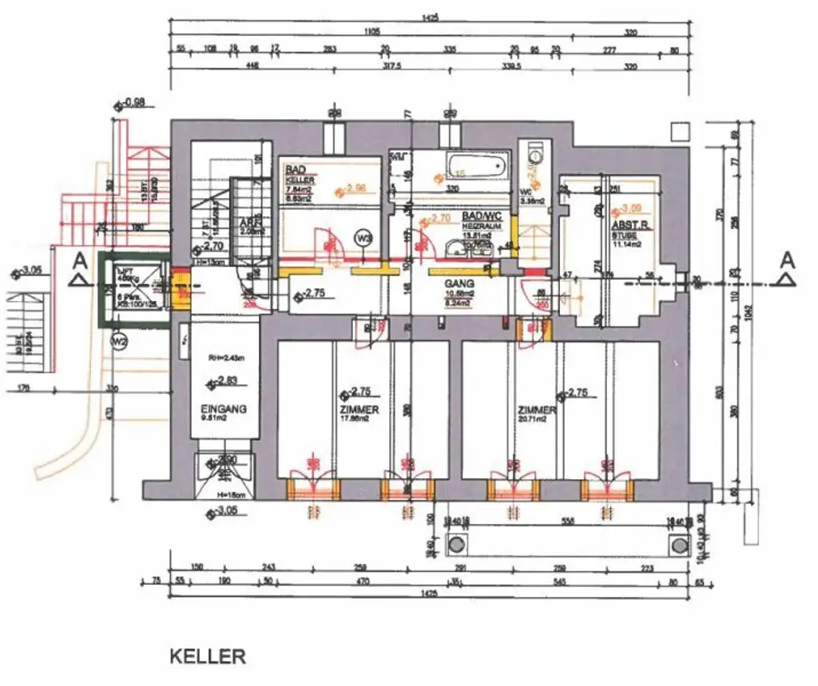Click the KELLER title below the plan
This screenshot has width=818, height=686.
pyautogui.click(x=207, y=656)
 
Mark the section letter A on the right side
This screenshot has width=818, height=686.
pyautogui.click(x=787, y=260)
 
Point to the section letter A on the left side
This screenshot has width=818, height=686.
pyautogui.click(x=78, y=260)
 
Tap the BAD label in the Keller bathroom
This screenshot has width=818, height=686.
pyautogui.click(x=296, y=170)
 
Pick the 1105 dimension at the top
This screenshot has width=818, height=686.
pyautogui.click(x=372, y=33)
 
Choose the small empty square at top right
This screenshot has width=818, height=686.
pyautogui.click(x=680, y=131)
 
